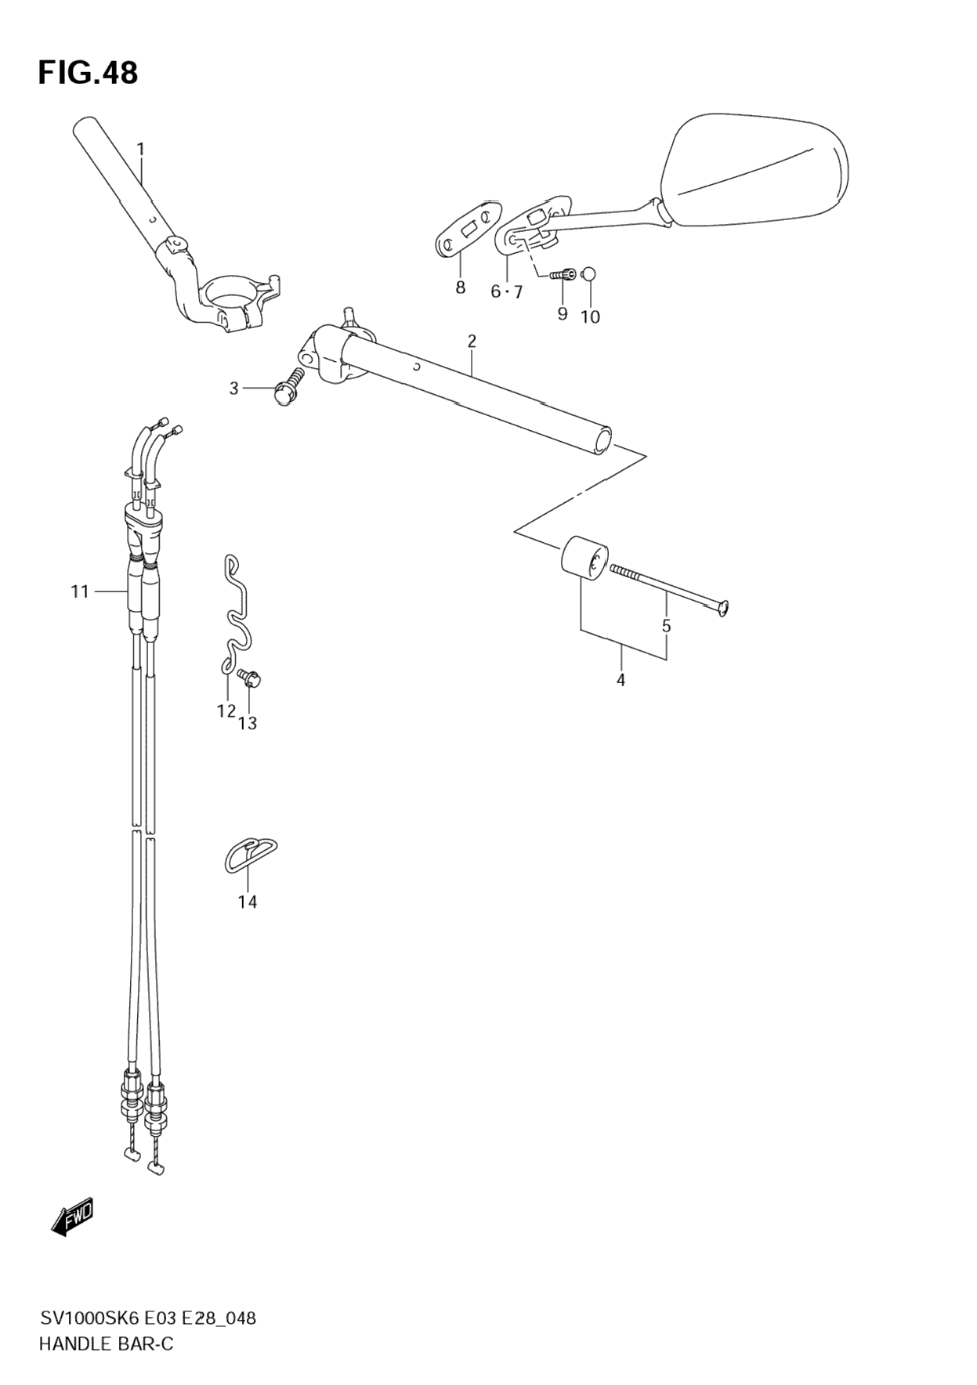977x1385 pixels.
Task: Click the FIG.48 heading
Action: click(x=88, y=73)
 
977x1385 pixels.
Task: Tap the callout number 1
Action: click(x=141, y=148)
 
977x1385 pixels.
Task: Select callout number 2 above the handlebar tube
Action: click(x=471, y=341)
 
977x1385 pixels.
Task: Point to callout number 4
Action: click(x=621, y=681)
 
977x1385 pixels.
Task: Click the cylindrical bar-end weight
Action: click(x=583, y=560)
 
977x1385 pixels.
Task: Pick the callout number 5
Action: click(x=666, y=626)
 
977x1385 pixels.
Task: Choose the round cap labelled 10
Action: click(x=591, y=273)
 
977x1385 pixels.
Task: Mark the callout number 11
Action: click(x=80, y=591)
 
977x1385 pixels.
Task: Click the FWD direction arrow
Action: click(x=73, y=1217)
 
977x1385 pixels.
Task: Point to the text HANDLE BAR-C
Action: click(x=106, y=1343)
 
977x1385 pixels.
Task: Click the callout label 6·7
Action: click(x=506, y=292)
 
